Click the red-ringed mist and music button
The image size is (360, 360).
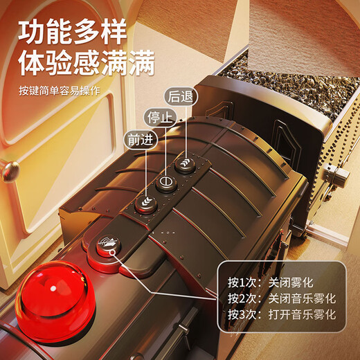107,245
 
